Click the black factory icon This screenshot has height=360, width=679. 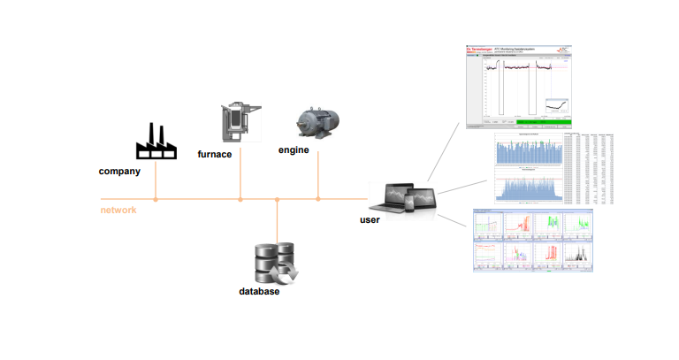155,142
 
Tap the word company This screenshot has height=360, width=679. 119,172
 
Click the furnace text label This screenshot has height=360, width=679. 215,154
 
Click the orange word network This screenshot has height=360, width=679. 118,210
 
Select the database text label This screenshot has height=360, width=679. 259,291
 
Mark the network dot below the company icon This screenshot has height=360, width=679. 155,200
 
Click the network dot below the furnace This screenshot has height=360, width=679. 240,200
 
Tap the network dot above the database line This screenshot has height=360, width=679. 278,200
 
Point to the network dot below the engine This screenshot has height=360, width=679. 318,200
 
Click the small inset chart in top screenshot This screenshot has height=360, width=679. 557,106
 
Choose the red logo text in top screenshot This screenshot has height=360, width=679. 482,50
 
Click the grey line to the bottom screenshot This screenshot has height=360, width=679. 450,222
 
